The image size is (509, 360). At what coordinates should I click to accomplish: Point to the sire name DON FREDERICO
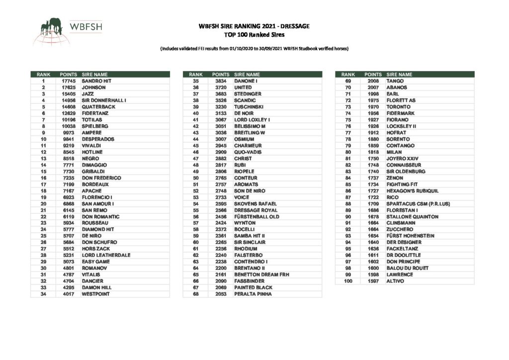tap(101, 178)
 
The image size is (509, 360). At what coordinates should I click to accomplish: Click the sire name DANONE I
tap(246, 81)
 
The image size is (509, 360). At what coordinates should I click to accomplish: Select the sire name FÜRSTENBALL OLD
tap(256, 216)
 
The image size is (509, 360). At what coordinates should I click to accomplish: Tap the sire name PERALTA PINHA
tap(253, 294)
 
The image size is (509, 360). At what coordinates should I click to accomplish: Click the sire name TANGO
tap(395, 81)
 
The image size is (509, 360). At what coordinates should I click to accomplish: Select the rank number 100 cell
tap(348, 281)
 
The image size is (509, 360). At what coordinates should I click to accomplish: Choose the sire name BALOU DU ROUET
tap(406, 268)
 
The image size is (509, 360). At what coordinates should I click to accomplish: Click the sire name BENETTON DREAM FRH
tap(261, 274)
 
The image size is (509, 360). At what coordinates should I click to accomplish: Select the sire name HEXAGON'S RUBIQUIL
tap(412, 190)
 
